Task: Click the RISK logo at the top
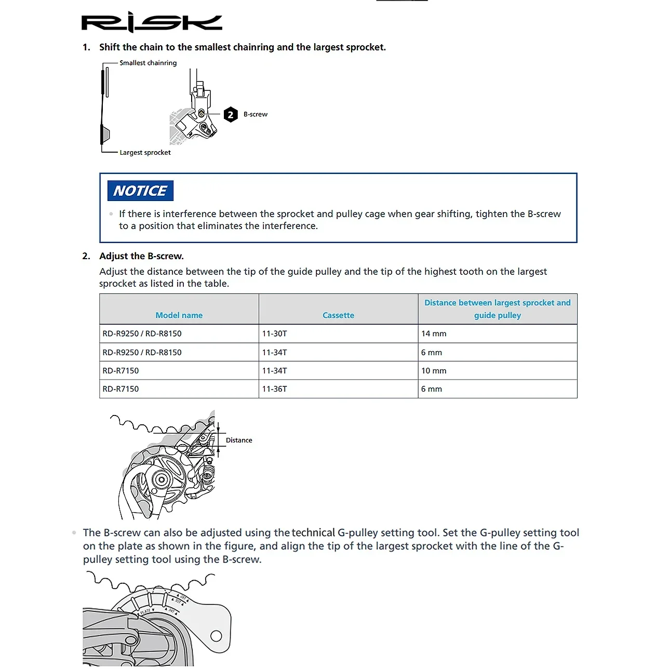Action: click(x=151, y=22)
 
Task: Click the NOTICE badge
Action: click(x=140, y=191)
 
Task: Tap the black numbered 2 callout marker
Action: click(x=231, y=115)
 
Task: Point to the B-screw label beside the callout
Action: click(x=256, y=114)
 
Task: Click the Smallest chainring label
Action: click(x=148, y=63)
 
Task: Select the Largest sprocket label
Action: click(x=145, y=153)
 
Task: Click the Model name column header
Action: click(x=179, y=315)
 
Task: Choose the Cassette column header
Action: click(x=338, y=315)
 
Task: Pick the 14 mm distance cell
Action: click(x=434, y=333)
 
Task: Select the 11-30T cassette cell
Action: click(x=274, y=333)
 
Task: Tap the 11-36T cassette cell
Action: click(x=274, y=389)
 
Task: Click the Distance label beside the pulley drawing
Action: click(x=239, y=440)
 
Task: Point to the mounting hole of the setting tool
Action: click(x=216, y=636)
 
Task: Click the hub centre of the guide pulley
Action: click(x=160, y=480)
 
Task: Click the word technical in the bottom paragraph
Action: click(x=313, y=532)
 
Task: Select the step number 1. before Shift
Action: click(x=86, y=47)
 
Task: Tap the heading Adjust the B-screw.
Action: click(x=141, y=256)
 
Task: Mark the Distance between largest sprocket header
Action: click(x=497, y=303)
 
